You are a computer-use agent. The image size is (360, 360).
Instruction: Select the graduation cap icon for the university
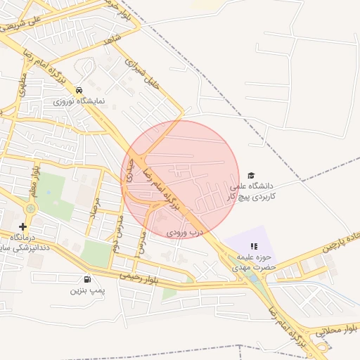tap(251, 176)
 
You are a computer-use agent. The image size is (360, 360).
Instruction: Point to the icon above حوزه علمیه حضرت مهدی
tap(254, 246)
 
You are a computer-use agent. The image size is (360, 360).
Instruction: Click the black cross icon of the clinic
tap(23, 226)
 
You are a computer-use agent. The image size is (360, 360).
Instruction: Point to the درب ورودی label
tap(184, 231)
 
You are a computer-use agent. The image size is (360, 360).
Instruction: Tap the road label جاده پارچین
tap(340, 241)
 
